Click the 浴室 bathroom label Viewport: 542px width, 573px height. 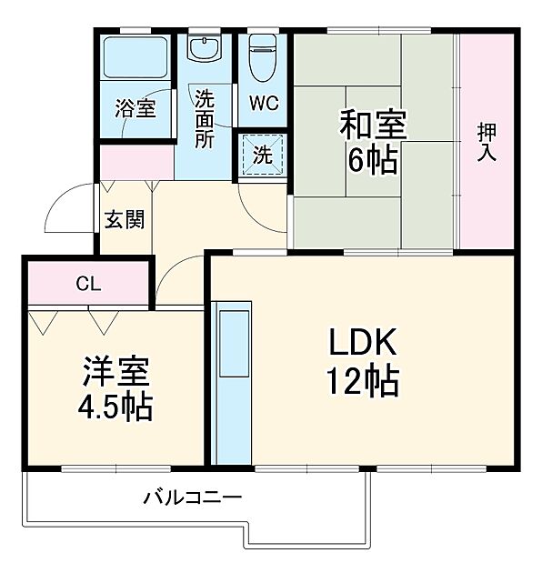pyautogui.click(x=135, y=109)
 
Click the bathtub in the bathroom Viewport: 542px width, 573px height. pyautogui.click(x=134, y=57)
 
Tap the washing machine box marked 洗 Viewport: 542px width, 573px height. pyautogui.click(x=262, y=154)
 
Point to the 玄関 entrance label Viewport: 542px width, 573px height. pyautogui.click(x=121, y=220)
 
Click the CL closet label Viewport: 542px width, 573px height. pyautogui.click(x=88, y=284)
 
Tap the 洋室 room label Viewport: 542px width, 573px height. pyautogui.click(x=116, y=371)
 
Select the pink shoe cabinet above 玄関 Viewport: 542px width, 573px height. pyautogui.click(x=136, y=163)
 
